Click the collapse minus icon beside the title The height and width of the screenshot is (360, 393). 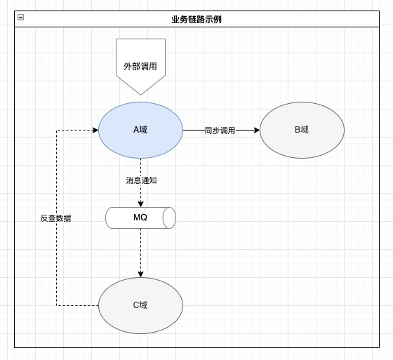click(21, 18)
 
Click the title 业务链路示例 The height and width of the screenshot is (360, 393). click(196, 20)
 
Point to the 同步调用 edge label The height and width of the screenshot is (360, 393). click(220, 131)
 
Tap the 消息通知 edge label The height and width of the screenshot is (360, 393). click(141, 180)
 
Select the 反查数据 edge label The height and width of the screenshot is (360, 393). click(56, 218)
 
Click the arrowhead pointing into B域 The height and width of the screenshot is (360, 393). click(257, 130)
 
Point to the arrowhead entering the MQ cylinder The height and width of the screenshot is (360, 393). click(140, 204)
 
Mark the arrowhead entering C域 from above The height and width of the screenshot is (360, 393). click(140, 274)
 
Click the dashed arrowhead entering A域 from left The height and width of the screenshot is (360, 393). click(95, 130)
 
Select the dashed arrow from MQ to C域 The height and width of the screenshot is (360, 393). click(140, 253)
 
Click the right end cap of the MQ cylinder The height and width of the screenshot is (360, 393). click(169, 218)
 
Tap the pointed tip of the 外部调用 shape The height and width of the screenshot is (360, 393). click(140, 95)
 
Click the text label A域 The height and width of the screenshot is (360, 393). click(140, 130)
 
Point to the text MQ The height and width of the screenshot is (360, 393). click(140, 218)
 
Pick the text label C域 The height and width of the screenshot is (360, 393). click(140, 305)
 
